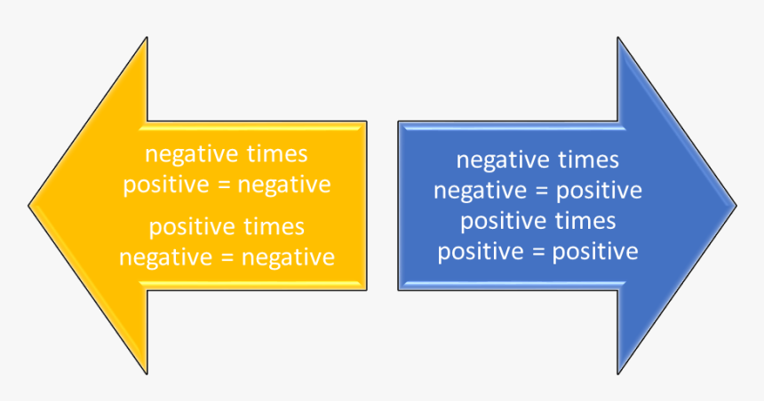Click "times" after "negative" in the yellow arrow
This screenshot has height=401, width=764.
(x=275, y=154)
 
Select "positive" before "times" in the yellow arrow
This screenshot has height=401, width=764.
(x=189, y=228)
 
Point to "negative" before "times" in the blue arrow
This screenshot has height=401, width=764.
(x=503, y=161)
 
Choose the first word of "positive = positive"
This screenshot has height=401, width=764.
(x=477, y=253)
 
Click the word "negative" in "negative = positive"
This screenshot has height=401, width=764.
(x=473, y=192)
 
